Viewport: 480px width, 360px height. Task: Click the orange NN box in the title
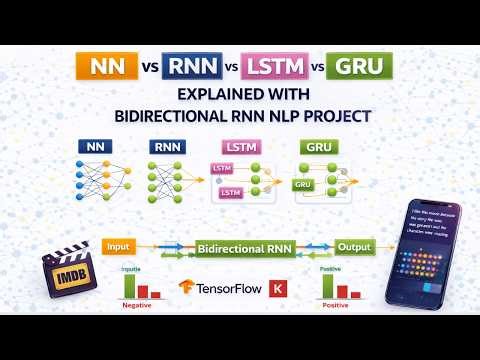[x=106, y=68]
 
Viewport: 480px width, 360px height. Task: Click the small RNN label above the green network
[x=165, y=147]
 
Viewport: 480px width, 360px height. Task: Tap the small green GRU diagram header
[x=319, y=147]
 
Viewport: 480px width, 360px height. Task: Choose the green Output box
[x=354, y=246]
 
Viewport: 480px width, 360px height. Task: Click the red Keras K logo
[x=279, y=288]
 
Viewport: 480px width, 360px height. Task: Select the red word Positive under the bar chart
[x=335, y=307]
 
